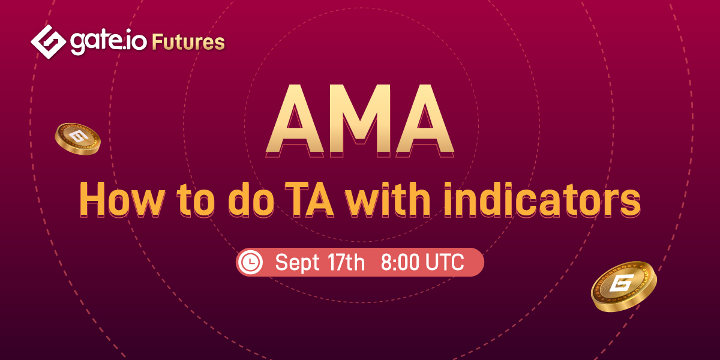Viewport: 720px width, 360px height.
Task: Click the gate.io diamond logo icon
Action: coord(48,42)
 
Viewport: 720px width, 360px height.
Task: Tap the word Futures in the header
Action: coord(188,43)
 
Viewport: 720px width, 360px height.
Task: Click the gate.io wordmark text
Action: coord(109,43)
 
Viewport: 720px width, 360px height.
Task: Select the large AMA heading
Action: coord(360,121)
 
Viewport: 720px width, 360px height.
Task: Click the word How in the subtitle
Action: coord(122,199)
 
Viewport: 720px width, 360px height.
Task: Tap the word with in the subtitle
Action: coord(388,199)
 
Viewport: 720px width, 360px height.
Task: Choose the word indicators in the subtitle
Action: coord(542,199)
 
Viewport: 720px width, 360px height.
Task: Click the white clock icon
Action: coord(251,262)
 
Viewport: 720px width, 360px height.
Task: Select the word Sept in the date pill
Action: coord(298,263)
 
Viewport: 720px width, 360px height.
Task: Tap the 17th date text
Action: coord(347,262)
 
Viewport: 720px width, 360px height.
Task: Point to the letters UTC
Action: coord(445,262)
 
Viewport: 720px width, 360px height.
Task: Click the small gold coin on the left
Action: coord(77,139)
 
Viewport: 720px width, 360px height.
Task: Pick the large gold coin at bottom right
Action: coord(623,286)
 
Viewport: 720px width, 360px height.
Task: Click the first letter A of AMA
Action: coord(295,121)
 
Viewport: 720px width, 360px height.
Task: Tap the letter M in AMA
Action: coord(360,121)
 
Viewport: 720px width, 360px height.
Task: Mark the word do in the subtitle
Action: coord(251,199)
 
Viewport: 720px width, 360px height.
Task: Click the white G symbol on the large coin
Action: coord(622,283)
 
